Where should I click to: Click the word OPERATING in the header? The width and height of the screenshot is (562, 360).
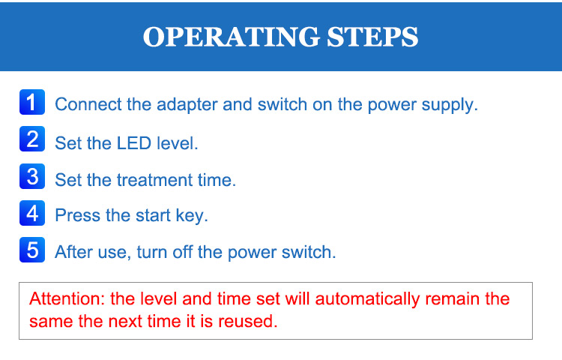232,37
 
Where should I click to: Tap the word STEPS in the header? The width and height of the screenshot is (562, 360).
372,37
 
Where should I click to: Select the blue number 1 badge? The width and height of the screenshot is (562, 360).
32,102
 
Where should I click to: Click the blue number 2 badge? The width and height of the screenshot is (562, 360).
32,139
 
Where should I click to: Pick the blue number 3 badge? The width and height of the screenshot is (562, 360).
32,176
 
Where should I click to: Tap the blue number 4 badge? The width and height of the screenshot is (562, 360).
32,213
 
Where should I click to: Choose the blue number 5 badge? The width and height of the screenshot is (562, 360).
32,250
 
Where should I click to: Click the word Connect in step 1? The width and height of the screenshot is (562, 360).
88,105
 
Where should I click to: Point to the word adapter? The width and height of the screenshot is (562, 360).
187,106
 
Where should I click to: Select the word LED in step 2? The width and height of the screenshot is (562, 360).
134,143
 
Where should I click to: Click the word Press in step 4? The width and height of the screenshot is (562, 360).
77,215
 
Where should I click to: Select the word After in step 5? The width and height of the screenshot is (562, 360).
73,252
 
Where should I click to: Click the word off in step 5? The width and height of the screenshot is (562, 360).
182,252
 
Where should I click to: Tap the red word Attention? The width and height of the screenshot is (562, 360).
67,298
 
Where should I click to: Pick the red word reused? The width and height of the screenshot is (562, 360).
248,321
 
